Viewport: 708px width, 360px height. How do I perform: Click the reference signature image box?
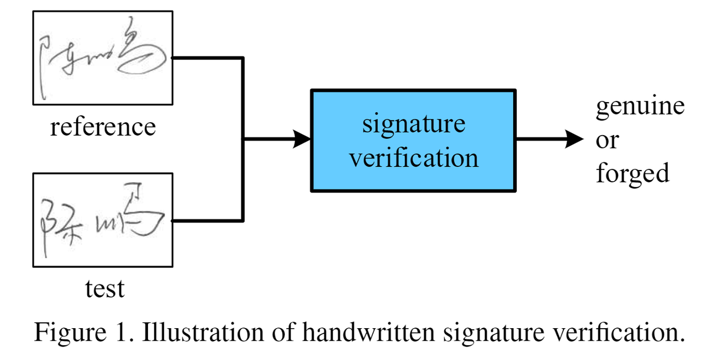(x=103, y=58)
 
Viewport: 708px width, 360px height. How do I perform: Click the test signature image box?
(x=103, y=220)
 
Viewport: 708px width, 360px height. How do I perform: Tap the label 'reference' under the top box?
(x=103, y=127)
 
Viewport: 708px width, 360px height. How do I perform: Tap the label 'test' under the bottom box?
(x=104, y=289)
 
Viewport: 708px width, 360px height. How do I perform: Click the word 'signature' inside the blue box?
(x=413, y=124)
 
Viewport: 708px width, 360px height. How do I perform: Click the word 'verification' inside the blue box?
(x=413, y=158)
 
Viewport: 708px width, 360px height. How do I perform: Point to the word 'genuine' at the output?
(x=640, y=107)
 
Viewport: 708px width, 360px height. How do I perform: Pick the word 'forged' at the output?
(x=632, y=174)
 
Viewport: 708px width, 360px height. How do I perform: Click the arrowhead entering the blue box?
(x=303, y=140)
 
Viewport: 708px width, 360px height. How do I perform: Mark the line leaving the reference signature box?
(x=206, y=58)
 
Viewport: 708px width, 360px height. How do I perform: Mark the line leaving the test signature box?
(x=206, y=221)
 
